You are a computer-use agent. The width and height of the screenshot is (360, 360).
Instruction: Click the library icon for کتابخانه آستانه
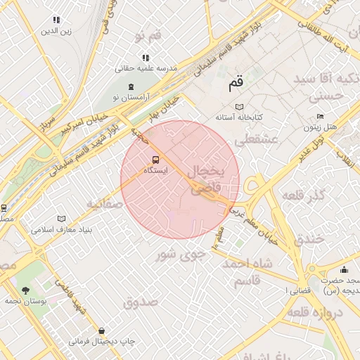(x=239, y=106)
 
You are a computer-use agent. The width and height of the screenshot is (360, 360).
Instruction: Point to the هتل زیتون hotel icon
(x=321, y=117)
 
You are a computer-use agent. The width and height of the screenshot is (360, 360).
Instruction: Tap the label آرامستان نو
(x=129, y=96)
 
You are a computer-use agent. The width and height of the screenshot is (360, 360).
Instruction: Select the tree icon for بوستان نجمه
(x=26, y=290)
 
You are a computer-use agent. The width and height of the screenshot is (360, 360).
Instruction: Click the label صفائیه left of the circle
(x=105, y=204)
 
